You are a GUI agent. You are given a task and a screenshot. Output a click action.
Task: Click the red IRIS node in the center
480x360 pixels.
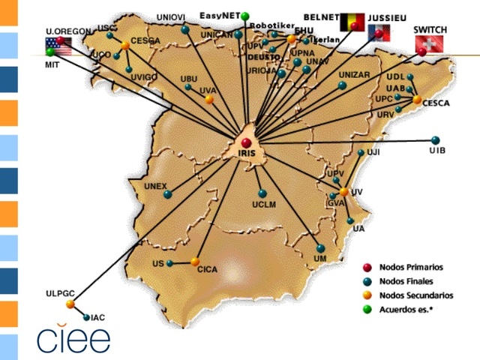click(x=247, y=142)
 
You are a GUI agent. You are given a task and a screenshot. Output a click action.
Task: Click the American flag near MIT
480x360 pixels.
click(x=57, y=44)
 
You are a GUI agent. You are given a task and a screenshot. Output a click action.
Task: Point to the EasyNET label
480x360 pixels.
click(x=220, y=15)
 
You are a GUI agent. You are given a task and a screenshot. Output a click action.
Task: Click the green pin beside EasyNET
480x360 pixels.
click(x=245, y=16)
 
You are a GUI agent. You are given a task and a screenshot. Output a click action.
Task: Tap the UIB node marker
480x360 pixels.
click(x=436, y=139)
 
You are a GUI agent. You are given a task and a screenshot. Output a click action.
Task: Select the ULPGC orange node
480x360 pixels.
click(x=70, y=304)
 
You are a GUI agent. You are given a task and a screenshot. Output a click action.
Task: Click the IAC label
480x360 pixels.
click(x=98, y=318)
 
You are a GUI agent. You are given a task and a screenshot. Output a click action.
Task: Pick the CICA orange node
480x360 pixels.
click(x=195, y=262)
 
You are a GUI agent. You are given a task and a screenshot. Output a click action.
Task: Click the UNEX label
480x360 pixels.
click(x=155, y=185)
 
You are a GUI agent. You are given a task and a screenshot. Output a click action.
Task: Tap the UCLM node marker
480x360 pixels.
click(x=262, y=193)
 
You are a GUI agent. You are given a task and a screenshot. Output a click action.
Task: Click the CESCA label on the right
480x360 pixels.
click(x=436, y=103)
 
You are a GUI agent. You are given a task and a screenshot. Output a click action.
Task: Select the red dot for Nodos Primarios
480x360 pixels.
click(x=367, y=267)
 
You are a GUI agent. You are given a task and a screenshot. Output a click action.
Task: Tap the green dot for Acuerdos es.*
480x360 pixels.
click(x=367, y=308)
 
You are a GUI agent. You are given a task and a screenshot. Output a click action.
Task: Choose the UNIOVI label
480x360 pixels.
click(x=172, y=18)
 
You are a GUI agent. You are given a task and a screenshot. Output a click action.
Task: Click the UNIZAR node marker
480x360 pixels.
click(x=342, y=85)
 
